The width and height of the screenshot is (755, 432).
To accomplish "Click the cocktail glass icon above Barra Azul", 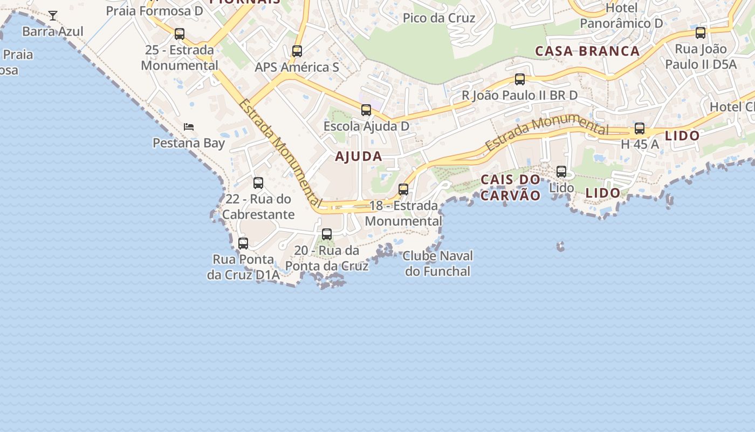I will pos(53,15).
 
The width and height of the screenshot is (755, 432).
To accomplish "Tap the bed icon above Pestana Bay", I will pos(189,127).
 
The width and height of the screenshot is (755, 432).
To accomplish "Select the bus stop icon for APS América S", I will pos(297,51).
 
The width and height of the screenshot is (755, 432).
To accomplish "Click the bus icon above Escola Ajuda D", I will pos(366,110).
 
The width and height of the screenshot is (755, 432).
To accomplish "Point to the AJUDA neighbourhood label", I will pos(359,157).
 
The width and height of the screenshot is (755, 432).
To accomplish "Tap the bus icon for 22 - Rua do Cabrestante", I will pos(258,183).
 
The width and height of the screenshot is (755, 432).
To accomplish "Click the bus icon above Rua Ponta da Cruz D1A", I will pos(243,244).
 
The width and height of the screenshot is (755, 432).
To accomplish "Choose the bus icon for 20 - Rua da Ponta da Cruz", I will pos(327,234).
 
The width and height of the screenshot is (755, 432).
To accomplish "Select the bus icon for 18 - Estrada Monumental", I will pos(403,190).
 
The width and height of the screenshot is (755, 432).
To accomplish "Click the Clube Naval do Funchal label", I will pos(438,264).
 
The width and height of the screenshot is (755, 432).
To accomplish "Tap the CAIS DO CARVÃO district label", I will pos(510,187).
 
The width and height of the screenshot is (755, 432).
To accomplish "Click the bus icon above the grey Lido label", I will pos(561,172).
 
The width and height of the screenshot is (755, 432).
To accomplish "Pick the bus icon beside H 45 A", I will pos(640,129).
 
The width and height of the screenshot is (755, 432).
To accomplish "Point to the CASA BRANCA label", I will pos(587,51).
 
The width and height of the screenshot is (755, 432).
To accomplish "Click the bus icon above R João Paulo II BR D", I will pos(520,79).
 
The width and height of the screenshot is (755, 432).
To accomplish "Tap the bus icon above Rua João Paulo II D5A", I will pos(701,33).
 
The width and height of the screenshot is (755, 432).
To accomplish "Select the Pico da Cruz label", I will pos(439,18).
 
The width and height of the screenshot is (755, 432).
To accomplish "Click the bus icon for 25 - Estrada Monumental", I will pos(180,34).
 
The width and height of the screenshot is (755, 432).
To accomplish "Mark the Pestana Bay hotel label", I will pos(189,143).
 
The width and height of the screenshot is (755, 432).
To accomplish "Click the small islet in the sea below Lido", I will pos(561,247).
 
